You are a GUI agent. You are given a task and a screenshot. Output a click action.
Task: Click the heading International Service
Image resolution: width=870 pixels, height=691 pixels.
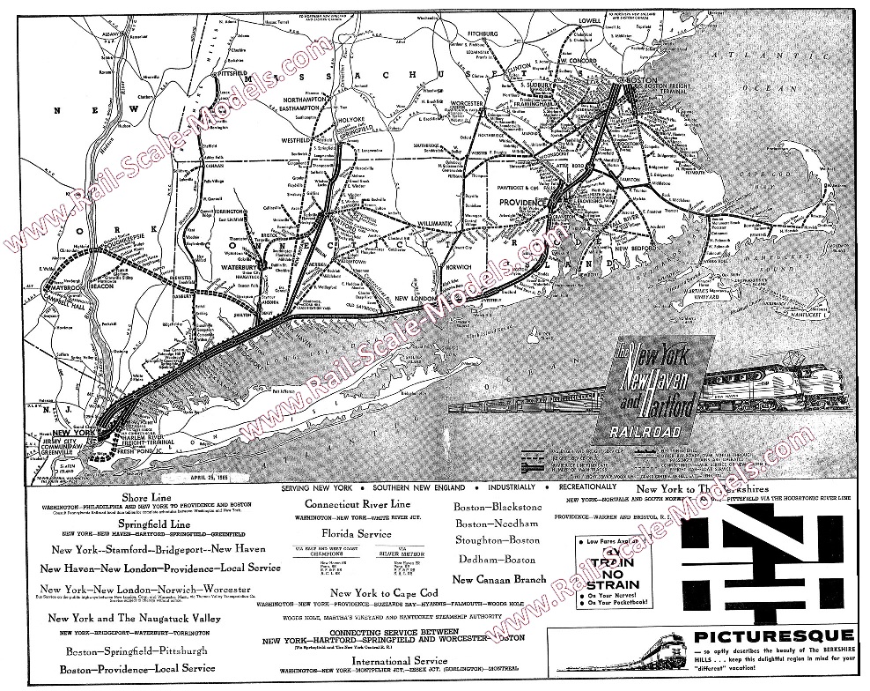[383, 659]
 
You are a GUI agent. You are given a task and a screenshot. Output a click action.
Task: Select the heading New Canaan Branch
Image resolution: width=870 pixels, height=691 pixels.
[498, 580]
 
